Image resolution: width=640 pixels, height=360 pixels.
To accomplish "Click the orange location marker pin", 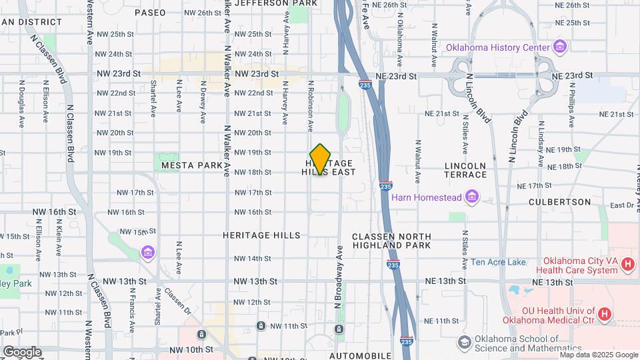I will coord(321,159).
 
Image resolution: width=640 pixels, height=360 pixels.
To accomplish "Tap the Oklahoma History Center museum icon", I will coord(559,47).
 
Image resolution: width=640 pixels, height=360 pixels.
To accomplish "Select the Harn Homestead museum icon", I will coord(472,197).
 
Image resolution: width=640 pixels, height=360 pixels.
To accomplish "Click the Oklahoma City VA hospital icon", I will coord(627,265).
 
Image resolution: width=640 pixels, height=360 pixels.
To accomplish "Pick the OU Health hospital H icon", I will coord(604,314).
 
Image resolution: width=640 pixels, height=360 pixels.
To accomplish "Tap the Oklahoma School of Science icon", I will coord(464,343).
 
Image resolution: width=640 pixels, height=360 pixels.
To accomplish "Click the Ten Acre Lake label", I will coord(498,262).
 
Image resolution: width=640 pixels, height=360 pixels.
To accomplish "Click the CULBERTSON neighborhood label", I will coord(559,201).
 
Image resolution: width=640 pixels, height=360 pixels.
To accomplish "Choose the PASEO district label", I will coord(149,13).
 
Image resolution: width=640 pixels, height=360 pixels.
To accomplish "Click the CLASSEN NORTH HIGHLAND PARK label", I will coord(391,241).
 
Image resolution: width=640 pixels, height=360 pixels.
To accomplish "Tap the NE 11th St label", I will coord(442,321).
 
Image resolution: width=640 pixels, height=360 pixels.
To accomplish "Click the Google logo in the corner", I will coord(22,351).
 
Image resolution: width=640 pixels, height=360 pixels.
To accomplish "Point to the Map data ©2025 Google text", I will coord(599,355).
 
